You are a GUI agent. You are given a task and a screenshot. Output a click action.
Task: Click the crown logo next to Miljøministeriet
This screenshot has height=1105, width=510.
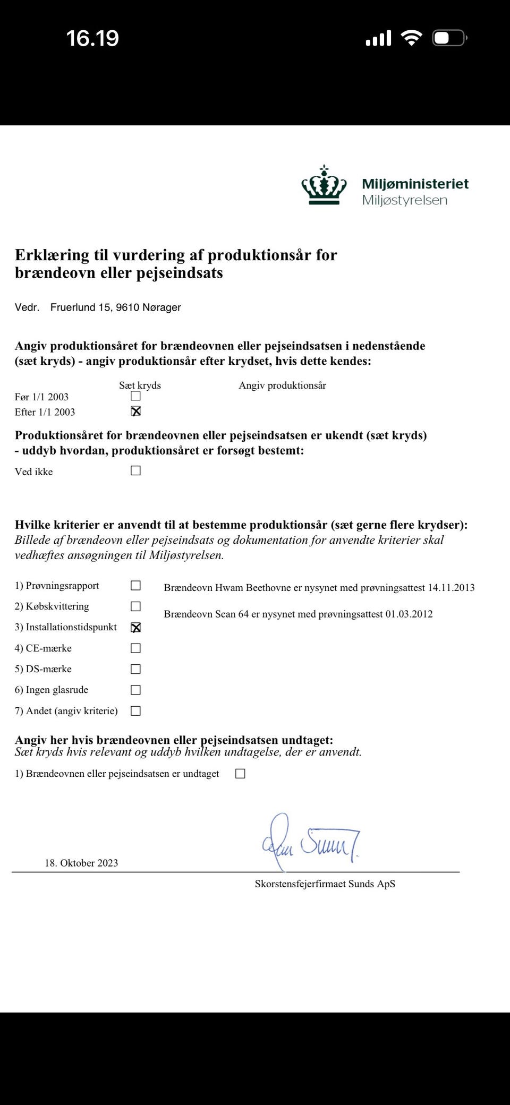(x=324, y=185)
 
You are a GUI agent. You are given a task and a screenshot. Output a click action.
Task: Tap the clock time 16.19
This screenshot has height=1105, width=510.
(x=92, y=38)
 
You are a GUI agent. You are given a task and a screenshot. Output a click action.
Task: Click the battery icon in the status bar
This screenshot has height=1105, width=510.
(x=449, y=38)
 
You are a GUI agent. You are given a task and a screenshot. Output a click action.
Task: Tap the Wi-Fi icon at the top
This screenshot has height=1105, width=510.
(x=411, y=38)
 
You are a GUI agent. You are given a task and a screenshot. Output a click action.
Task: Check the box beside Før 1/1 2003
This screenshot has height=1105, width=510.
(x=135, y=396)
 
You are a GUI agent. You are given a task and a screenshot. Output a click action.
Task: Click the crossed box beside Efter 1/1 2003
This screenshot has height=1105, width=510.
(x=135, y=411)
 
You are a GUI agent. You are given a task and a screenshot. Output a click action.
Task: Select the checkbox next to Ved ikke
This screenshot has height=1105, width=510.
(x=135, y=470)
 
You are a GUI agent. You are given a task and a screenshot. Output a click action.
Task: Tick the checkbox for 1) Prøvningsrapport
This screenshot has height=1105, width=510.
(x=135, y=585)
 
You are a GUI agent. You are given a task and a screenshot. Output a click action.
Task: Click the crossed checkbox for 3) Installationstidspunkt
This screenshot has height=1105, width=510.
(x=135, y=627)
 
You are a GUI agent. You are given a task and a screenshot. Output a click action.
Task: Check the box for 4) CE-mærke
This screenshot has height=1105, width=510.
(x=135, y=648)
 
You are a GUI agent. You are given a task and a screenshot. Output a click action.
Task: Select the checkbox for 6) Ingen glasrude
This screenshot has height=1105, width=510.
(x=135, y=690)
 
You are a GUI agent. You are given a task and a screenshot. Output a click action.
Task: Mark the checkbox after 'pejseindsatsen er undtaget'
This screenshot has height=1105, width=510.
(x=240, y=774)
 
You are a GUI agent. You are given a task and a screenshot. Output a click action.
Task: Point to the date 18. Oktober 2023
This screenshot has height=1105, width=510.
(x=81, y=863)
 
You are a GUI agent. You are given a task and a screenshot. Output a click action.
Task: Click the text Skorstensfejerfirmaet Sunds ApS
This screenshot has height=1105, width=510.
(x=325, y=884)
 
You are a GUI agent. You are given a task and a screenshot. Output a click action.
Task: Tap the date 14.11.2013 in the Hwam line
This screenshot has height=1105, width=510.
(x=451, y=588)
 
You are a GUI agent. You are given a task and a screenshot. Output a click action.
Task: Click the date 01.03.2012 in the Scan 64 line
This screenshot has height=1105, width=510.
(x=409, y=614)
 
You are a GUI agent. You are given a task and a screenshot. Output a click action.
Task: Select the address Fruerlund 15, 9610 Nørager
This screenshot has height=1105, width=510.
(x=115, y=307)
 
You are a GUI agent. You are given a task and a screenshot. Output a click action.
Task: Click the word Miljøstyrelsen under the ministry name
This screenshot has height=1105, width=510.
(x=404, y=200)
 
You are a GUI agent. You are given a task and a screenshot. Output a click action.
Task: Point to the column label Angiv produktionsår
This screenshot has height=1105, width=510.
(x=282, y=386)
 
